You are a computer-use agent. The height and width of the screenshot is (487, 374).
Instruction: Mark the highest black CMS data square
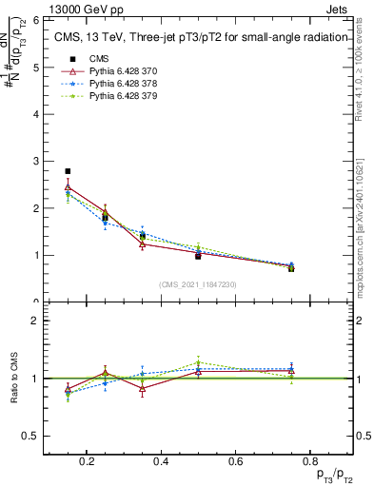coord(68,171)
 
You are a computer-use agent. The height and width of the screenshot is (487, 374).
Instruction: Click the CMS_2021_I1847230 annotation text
coord(198,284)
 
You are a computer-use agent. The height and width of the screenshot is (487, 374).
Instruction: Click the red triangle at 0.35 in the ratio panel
coord(142,388)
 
